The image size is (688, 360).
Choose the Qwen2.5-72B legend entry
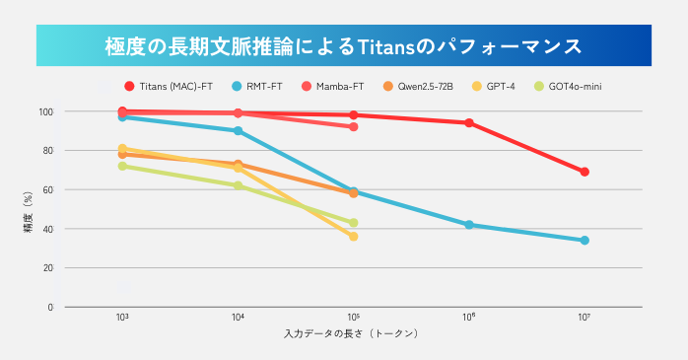[x=424, y=87]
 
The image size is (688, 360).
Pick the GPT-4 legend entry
[x=501, y=87]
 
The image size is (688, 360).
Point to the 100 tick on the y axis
[x=45, y=111]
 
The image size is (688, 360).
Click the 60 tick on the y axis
[x=47, y=189]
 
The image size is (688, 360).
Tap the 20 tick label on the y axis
[x=47, y=268]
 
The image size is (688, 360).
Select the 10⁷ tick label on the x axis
[x=585, y=319]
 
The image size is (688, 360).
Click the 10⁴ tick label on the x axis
[x=238, y=319]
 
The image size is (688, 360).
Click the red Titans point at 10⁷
[x=585, y=172]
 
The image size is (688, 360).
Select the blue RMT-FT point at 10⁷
[x=585, y=241]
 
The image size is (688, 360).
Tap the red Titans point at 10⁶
[x=469, y=123]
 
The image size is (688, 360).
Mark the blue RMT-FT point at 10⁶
[x=469, y=225]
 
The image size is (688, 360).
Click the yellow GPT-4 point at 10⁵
[x=354, y=237]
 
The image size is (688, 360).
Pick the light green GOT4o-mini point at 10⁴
[x=238, y=185]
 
